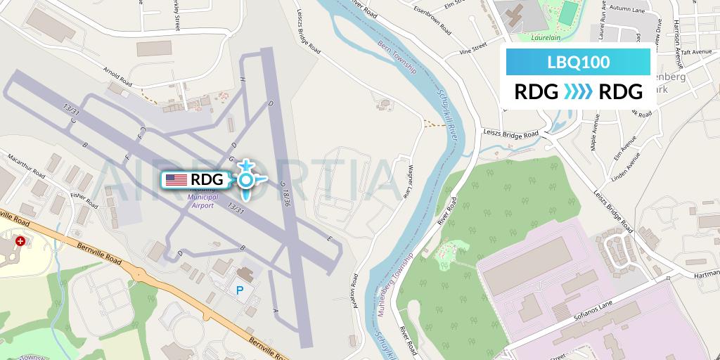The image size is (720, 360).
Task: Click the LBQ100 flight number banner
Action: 578,62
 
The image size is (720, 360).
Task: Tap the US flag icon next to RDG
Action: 176,180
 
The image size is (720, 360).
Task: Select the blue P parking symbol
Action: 240,290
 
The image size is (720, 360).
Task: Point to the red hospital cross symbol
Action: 20,240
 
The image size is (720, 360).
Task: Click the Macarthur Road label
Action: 27,165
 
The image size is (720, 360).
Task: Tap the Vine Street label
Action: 472,49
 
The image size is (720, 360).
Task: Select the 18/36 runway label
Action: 285,193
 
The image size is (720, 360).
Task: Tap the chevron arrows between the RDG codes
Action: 578,91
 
